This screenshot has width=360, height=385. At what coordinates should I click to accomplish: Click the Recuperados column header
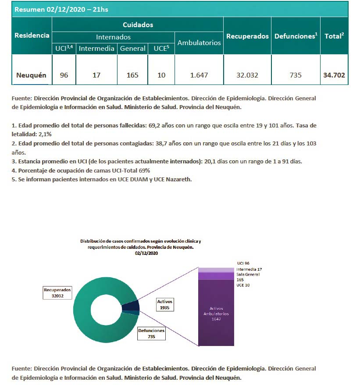[x=247, y=36]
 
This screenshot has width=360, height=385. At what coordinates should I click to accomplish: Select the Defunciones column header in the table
[x=296, y=36]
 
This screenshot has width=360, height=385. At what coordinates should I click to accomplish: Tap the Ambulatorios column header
[x=199, y=42]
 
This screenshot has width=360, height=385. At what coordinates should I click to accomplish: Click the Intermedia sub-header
[x=96, y=49]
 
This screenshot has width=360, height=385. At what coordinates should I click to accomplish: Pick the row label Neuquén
[x=31, y=75]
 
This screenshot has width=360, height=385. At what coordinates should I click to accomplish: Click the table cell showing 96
[x=64, y=75]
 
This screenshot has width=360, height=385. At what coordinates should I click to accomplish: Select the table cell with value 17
[x=96, y=75]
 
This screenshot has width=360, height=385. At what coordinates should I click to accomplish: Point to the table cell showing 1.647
[x=199, y=75]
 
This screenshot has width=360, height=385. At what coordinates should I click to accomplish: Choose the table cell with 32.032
[x=247, y=75]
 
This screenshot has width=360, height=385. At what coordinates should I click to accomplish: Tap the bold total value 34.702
[x=334, y=75]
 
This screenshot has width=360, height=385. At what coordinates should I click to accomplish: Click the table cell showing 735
[x=296, y=75]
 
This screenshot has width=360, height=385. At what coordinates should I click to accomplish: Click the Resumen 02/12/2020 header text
[x=61, y=9]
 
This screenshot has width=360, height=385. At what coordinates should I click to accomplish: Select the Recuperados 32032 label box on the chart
[x=57, y=293]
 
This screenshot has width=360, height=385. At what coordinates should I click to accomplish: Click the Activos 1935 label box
[x=165, y=304]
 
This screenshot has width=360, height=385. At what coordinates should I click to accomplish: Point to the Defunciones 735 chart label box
[x=151, y=334]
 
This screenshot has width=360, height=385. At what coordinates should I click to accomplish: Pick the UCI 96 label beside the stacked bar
[x=243, y=263]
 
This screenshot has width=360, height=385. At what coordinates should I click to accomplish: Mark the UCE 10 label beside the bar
[x=243, y=285]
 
